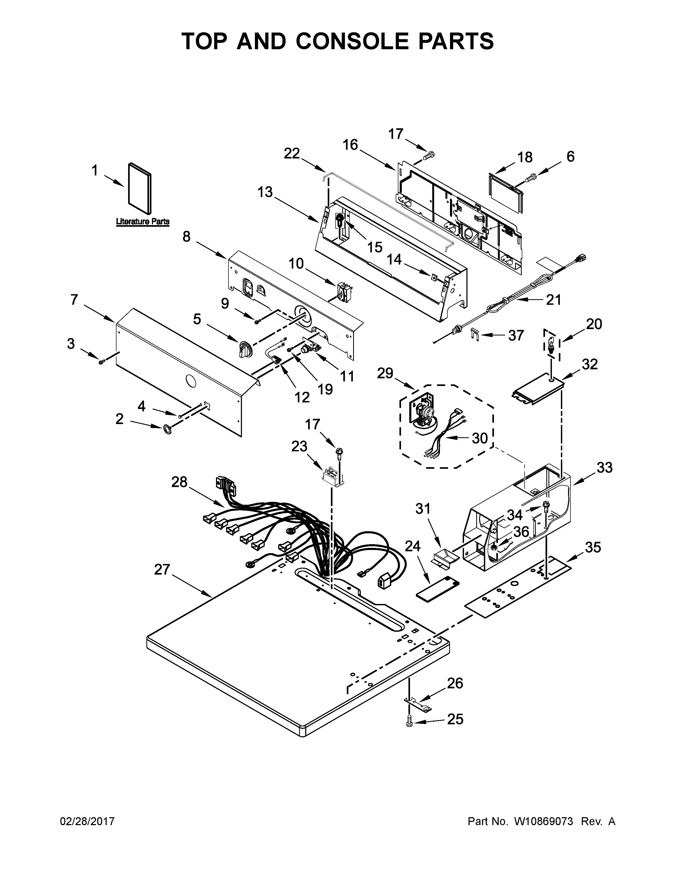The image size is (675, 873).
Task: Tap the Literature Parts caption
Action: (x=143, y=221)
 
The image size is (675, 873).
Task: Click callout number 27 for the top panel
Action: (x=162, y=570)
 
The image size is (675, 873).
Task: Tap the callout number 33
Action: (x=604, y=467)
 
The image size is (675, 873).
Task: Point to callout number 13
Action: (x=265, y=192)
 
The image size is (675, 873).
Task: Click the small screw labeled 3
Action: (x=102, y=361)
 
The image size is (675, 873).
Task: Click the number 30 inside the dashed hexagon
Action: (x=479, y=439)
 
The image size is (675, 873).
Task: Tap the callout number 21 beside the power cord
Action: (x=553, y=299)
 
